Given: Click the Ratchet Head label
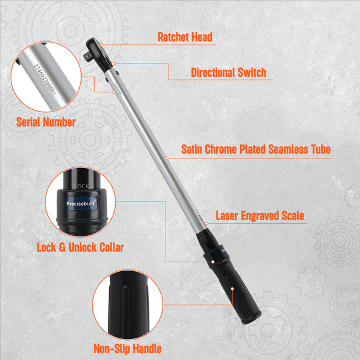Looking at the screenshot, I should (185, 37).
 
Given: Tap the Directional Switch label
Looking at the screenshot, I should (228, 73).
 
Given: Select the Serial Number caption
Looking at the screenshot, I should (46, 122).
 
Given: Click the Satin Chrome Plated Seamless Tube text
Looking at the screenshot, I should (256, 149).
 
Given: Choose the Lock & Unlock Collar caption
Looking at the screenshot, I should (79, 247).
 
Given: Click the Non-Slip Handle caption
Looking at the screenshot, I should (127, 349).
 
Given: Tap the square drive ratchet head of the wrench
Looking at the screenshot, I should (98, 49).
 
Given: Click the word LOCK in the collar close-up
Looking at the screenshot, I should (81, 187).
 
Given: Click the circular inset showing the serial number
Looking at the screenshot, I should (46, 77).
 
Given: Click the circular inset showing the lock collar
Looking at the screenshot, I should (80, 202).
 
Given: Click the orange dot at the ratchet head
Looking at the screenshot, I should (103, 44).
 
